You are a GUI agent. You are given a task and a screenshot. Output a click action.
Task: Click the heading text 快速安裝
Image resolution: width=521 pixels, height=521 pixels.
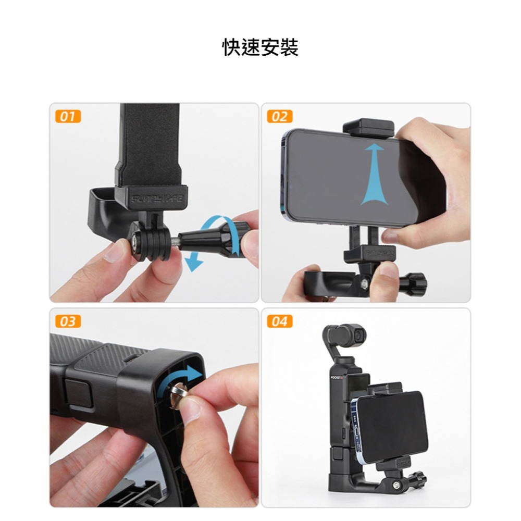pyautogui.click(x=260, y=47)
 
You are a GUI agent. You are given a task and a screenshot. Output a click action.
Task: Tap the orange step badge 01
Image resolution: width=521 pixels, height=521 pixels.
pyautogui.click(x=67, y=116)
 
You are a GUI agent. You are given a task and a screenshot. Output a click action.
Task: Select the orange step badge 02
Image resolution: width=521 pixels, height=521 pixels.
pyautogui.click(x=279, y=116)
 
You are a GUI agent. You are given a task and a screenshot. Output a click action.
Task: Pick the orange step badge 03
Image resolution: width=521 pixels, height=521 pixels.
pyautogui.click(x=67, y=321)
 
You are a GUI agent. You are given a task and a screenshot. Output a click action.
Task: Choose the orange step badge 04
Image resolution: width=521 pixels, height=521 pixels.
pyautogui.click(x=279, y=321)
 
